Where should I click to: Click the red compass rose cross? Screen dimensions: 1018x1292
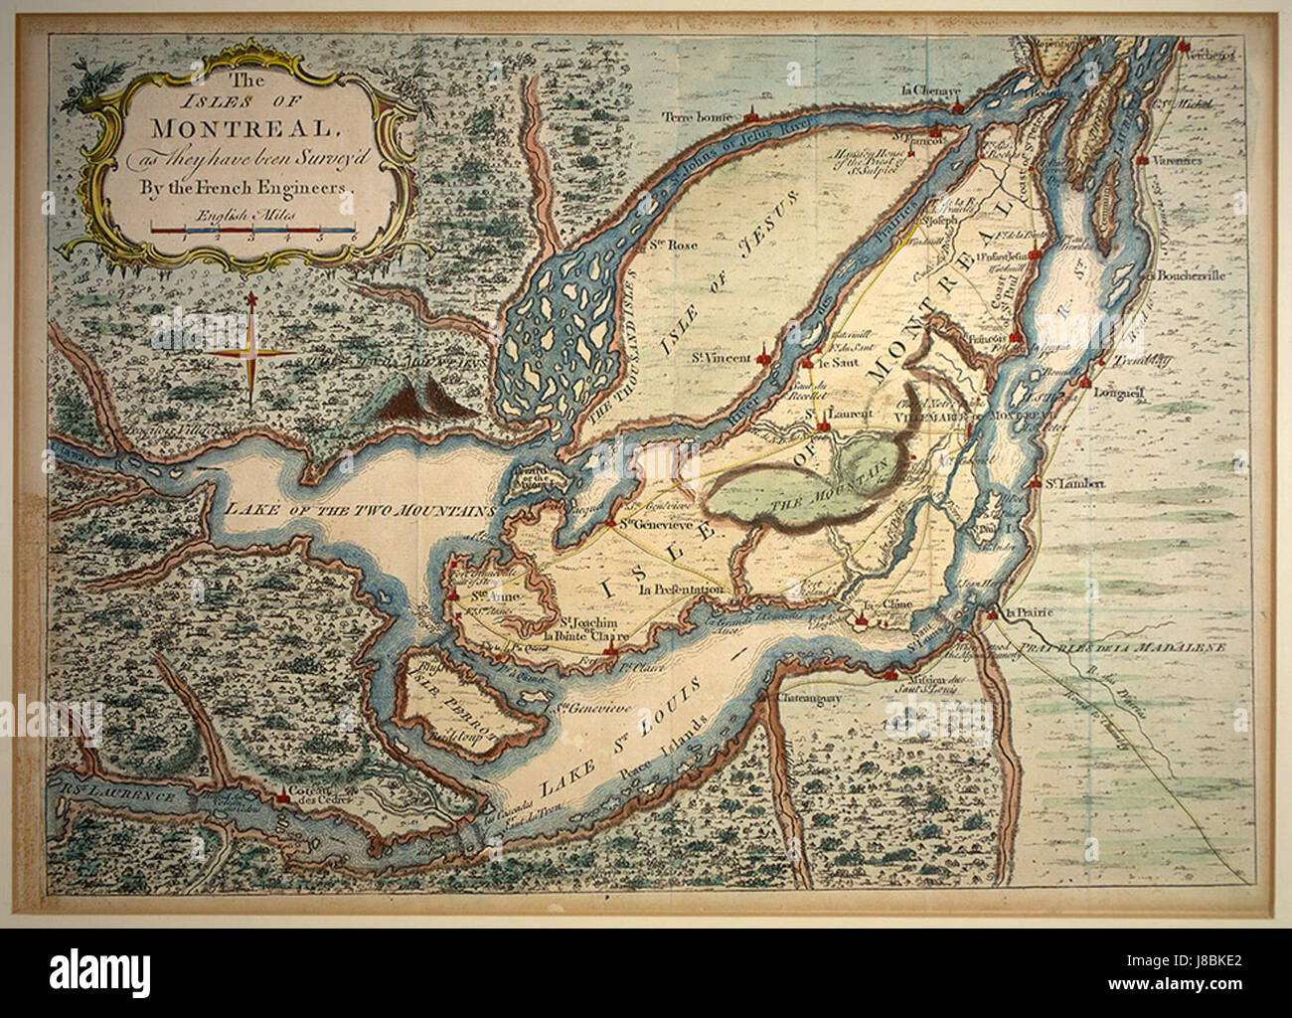coord(251,350)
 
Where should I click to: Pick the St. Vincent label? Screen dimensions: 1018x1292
coord(721,358)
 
